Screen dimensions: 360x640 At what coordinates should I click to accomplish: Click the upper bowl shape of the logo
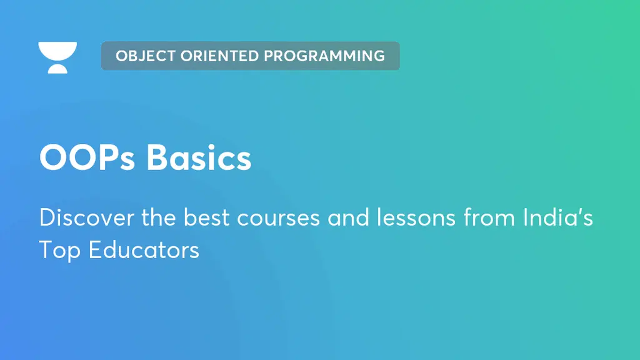coord(57,51)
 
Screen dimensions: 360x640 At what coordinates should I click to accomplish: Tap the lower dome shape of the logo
coord(57,69)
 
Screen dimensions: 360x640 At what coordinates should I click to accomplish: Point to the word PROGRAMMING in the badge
coord(324,56)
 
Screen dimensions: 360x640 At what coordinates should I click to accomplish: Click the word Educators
coord(144,250)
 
